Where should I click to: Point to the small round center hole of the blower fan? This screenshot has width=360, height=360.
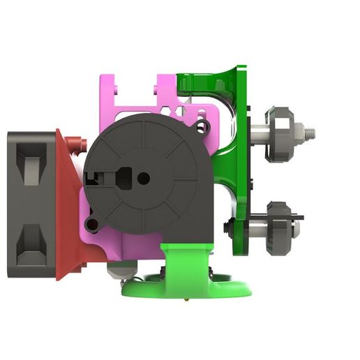click(x=143, y=179)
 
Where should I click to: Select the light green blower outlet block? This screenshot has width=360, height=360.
click(x=185, y=262)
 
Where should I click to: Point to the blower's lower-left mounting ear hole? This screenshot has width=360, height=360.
click(x=91, y=224)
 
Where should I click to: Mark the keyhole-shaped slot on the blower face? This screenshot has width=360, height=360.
click(x=119, y=174)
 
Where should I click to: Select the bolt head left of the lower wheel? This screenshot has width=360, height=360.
click(x=227, y=227)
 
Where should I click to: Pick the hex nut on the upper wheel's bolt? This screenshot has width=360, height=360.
click(x=296, y=130)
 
